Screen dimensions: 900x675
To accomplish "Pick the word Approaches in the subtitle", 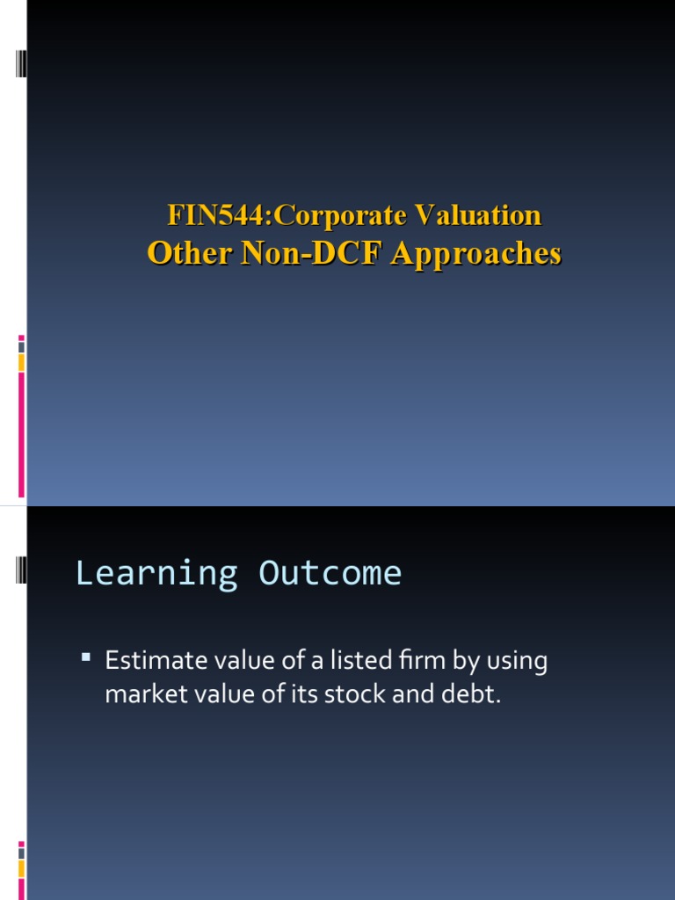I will [475, 253].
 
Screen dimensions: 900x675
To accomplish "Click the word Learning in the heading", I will [156, 573].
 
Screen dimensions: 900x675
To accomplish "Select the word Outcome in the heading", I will [330, 573].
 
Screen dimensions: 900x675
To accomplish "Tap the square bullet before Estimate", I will [86, 657].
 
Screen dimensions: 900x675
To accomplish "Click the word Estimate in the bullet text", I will [144, 660].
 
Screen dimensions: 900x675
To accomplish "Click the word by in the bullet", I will [460, 662].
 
